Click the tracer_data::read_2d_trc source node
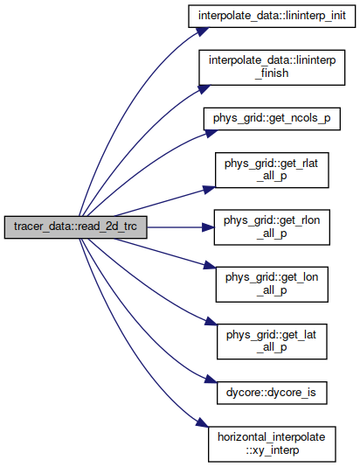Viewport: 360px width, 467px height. [x=75, y=227]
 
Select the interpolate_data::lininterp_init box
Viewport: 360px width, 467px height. [x=272, y=16]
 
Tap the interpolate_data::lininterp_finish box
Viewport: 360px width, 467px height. [x=272, y=67]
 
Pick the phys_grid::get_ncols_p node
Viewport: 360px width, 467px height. [x=272, y=119]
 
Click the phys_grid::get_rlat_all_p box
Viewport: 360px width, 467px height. [x=272, y=170]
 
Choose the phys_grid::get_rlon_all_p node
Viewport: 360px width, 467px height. [x=272, y=227]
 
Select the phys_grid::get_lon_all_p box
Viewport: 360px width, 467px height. [x=272, y=284]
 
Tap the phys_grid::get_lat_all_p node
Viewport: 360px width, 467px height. [x=272, y=342]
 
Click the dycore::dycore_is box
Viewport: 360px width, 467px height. [x=272, y=393]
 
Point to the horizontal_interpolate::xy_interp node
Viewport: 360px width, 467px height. [x=272, y=444]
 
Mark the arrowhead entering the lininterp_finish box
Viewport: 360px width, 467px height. [x=204, y=88]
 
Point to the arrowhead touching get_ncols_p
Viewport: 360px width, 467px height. [x=211, y=133]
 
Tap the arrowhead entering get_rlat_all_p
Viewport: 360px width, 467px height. [x=209, y=190]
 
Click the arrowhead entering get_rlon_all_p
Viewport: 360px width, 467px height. [x=208, y=227]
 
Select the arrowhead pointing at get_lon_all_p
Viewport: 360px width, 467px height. [x=210, y=265]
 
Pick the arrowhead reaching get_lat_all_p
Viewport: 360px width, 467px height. [x=211, y=321]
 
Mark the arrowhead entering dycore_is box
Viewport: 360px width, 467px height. [x=211, y=380]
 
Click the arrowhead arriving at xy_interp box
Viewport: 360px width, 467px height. [x=202, y=423]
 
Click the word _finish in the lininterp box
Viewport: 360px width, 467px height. [x=272, y=73]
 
